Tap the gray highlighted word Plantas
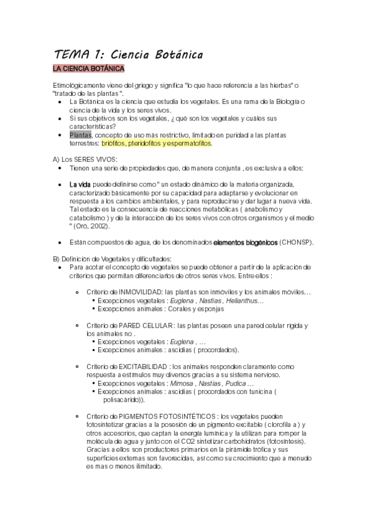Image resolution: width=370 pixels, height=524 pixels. click(81, 135)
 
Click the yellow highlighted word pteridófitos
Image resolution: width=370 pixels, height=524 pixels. click(146, 143)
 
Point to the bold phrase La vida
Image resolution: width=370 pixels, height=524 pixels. click(80, 184)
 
